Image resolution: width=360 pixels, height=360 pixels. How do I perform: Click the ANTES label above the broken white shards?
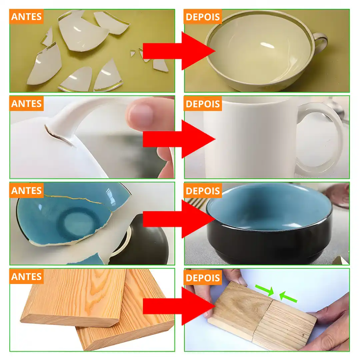pos(26,17)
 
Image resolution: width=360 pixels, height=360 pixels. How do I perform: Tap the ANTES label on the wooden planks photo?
pos(26,277)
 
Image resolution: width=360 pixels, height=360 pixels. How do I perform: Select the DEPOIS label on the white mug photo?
pos(203,104)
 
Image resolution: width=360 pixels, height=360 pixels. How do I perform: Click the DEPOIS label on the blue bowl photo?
pos(203,191)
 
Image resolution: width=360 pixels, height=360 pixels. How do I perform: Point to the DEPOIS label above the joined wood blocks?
pos(203,278)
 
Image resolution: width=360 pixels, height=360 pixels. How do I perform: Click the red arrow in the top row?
pos(179,51)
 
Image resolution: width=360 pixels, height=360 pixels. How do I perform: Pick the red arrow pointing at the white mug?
pos(179,139)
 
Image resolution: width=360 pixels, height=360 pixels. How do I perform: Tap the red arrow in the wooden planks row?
pos(179,306)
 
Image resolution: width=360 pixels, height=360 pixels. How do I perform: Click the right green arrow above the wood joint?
pos(288,297)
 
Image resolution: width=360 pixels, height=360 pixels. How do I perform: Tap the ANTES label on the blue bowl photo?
pos(26,191)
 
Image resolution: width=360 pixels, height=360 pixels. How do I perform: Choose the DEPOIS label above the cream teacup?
pos(203,17)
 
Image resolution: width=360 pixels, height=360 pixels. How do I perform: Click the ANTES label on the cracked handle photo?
pos(26,104)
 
